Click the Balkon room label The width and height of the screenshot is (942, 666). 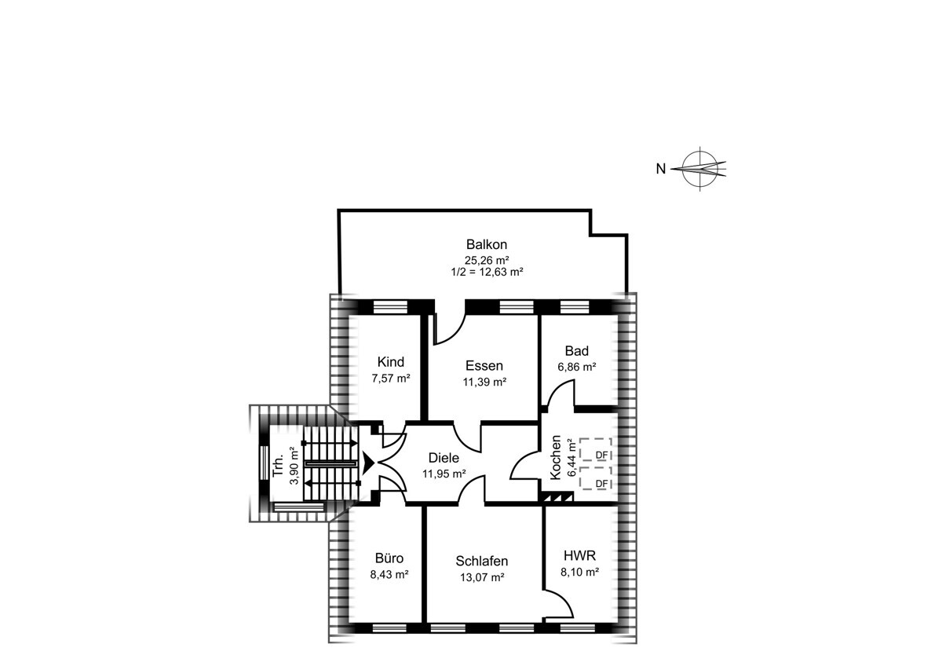pos(487,244)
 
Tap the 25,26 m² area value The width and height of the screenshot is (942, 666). pos(487,260)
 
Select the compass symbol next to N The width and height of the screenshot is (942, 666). pos(699,169)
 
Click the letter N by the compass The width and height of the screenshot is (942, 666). pos(661,169)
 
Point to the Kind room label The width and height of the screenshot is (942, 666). pos(391,362)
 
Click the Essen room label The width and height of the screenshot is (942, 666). pos(484,366)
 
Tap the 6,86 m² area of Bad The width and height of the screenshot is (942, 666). pos(576,367)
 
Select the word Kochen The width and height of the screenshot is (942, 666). pos(556,457)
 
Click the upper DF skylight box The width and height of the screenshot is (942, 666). pos(596,449)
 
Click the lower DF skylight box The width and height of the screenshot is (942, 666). pos(596,478)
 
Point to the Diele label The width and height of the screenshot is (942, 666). pos(444,457)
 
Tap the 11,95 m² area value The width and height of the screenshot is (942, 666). pos(444,474)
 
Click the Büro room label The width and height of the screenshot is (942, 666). pos(389,558)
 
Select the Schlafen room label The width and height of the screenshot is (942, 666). pos(482,561)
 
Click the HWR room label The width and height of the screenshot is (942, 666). pos(580,556)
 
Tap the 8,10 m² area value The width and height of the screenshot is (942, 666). pos(580,573)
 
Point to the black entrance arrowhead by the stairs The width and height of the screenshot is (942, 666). pos(369,463)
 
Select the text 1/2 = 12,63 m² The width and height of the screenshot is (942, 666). pos(487,272)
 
